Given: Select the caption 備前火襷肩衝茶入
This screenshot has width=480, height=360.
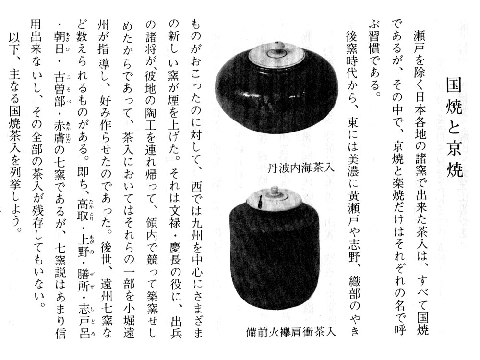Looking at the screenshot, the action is (291, 332).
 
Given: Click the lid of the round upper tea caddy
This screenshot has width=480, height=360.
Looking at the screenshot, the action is (276, 55).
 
